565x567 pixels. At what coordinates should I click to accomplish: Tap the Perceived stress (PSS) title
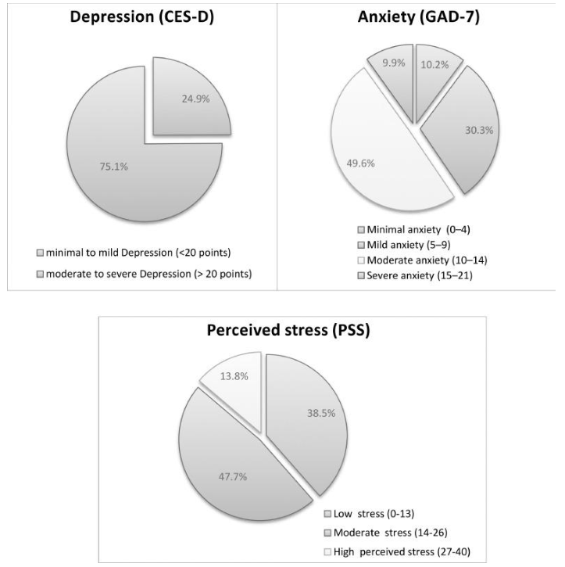point(290,329)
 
